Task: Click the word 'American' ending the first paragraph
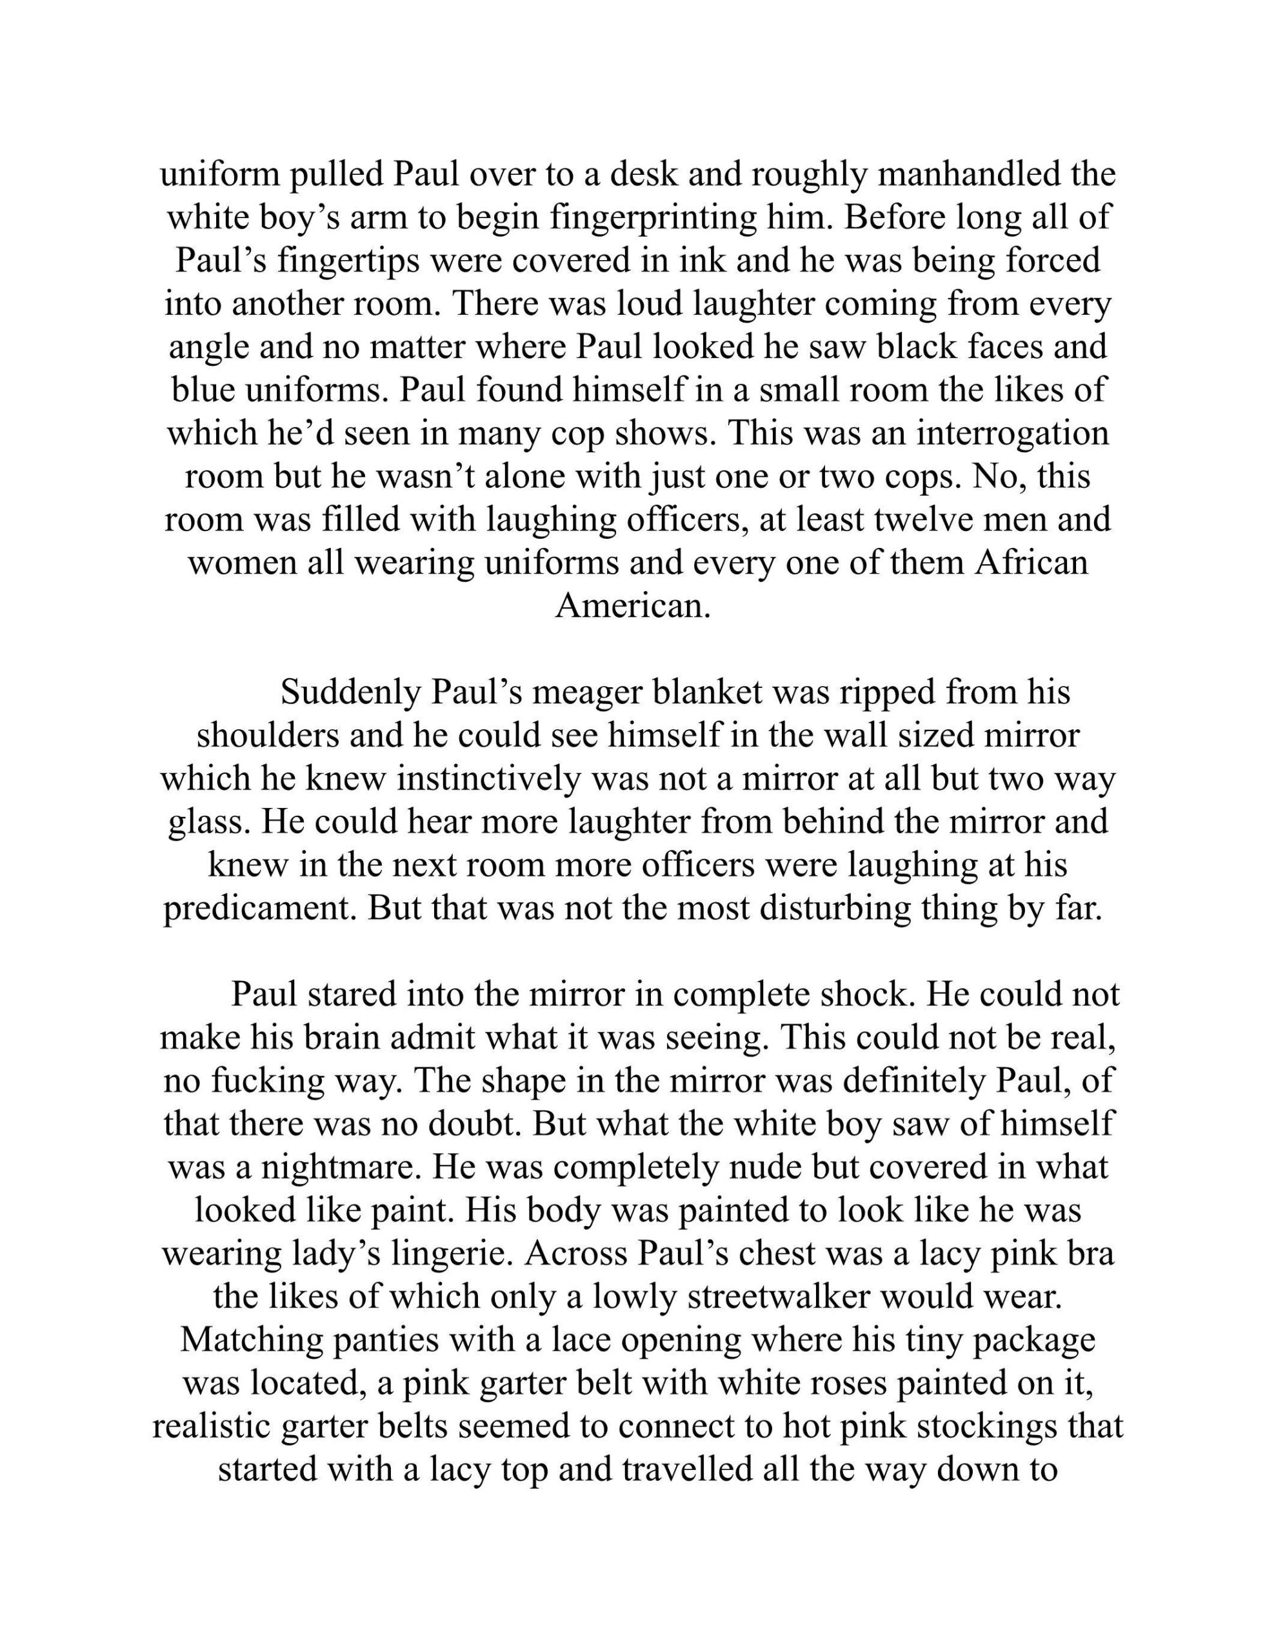click(633, 606)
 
